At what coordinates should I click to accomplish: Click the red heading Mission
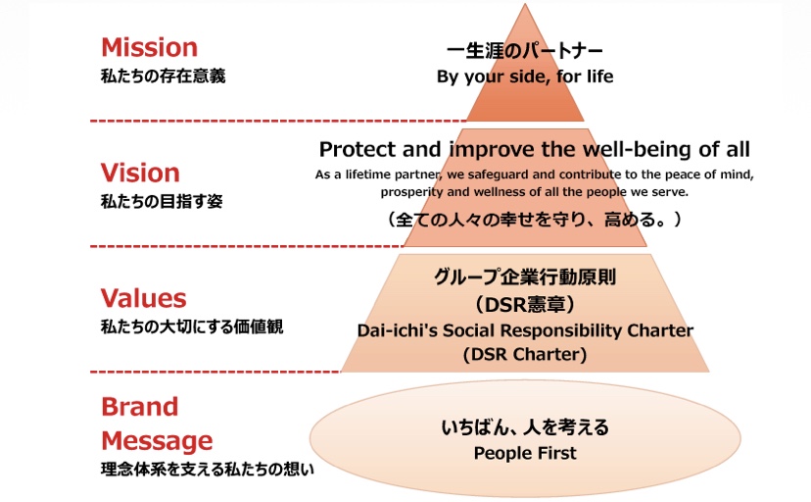[x=150, y=48]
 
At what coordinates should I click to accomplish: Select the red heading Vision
[x=140, y=173]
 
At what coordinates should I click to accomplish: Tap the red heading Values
[x=143, y=298]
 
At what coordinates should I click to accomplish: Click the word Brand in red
[x=140, y=407]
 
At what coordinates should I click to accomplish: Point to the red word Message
[x=157, y=441]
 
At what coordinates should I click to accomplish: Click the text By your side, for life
[x=525, y=76]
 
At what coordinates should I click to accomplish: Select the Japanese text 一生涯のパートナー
[x=524, y=51]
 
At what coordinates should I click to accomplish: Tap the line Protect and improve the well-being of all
[x=534, y=149]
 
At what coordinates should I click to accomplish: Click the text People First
[x=525, y=453]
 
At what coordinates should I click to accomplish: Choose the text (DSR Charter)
[x=525, y=355]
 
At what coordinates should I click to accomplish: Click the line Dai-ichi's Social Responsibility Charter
[x=525, y=330]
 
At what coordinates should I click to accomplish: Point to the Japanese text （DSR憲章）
[x=525, y=304]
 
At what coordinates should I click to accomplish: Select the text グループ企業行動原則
[x=525, y=277]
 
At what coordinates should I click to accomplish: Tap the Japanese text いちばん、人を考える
[x=525, y=427]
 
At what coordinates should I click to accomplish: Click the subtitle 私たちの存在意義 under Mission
[x=163, y=76]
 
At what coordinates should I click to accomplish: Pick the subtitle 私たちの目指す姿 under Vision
[x=162, y=201]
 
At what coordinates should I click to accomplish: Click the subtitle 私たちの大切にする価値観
[x=192, y=327]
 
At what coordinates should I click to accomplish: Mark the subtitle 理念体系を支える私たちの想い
[x=208, y=470]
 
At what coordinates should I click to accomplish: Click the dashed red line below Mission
[x=278, y=122]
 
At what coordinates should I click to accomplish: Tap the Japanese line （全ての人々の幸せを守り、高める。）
[x=534, y=220]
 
